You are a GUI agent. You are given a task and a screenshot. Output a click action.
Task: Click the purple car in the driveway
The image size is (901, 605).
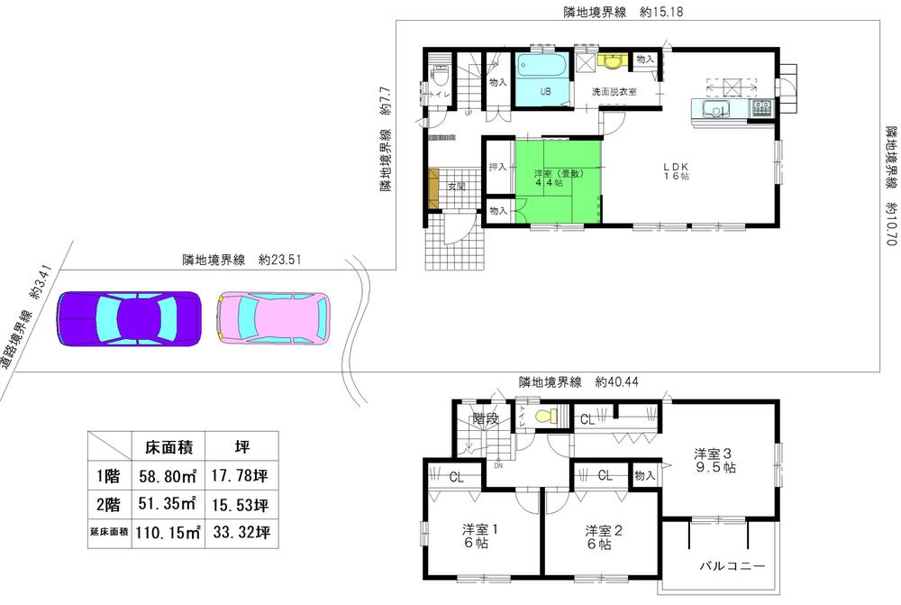(129, 319)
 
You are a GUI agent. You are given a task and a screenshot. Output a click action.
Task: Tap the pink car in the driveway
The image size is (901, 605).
(275, 319)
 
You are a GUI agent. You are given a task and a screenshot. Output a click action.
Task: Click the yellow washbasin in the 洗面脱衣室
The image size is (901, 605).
(614, 61)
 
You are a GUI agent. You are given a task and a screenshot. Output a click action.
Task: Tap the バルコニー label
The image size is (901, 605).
(733, 566)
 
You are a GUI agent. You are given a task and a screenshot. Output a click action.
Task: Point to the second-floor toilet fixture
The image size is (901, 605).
(544, 417)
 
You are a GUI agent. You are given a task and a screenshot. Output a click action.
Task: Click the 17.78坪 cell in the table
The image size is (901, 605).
(239, 475)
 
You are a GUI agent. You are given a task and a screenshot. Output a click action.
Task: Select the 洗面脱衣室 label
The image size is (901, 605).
(614, 92)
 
